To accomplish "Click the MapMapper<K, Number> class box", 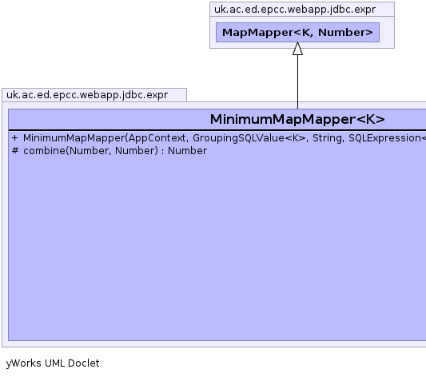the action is coord(297,32).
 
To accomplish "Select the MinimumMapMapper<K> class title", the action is coord(297,120).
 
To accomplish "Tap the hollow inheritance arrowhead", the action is coord(297,49).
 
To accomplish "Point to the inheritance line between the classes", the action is coord(297,81).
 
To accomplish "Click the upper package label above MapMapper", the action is coord(295,10).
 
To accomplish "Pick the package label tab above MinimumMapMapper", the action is coord(87,95).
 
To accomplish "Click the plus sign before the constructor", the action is coord(14,138).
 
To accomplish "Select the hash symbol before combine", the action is coord(15,150).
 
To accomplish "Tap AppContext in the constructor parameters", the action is coord(157,138).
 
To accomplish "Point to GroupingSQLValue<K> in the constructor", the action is coord(249,138).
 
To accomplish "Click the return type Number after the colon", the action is coord(187,151).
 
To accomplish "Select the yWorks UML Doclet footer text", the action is coord(53,363).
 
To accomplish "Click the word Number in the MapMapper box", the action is coord(345,32).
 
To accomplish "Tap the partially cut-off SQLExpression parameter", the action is coord(387,138).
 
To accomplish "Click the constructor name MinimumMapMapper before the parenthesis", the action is coord(74,138).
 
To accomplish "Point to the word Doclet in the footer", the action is coord(84,363).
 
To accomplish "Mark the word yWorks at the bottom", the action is coord(24,363).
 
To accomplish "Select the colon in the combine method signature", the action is coord(163,151).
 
